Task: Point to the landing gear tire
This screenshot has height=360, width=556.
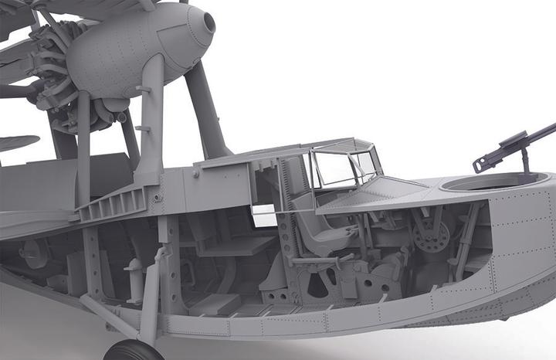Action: (x=132, y=352)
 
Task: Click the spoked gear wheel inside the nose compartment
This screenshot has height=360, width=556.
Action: (x=430, y=233)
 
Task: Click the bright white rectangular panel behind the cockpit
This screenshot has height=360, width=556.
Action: (x=264, y=216)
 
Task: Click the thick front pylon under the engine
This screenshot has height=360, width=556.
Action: (x=150, y=124)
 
